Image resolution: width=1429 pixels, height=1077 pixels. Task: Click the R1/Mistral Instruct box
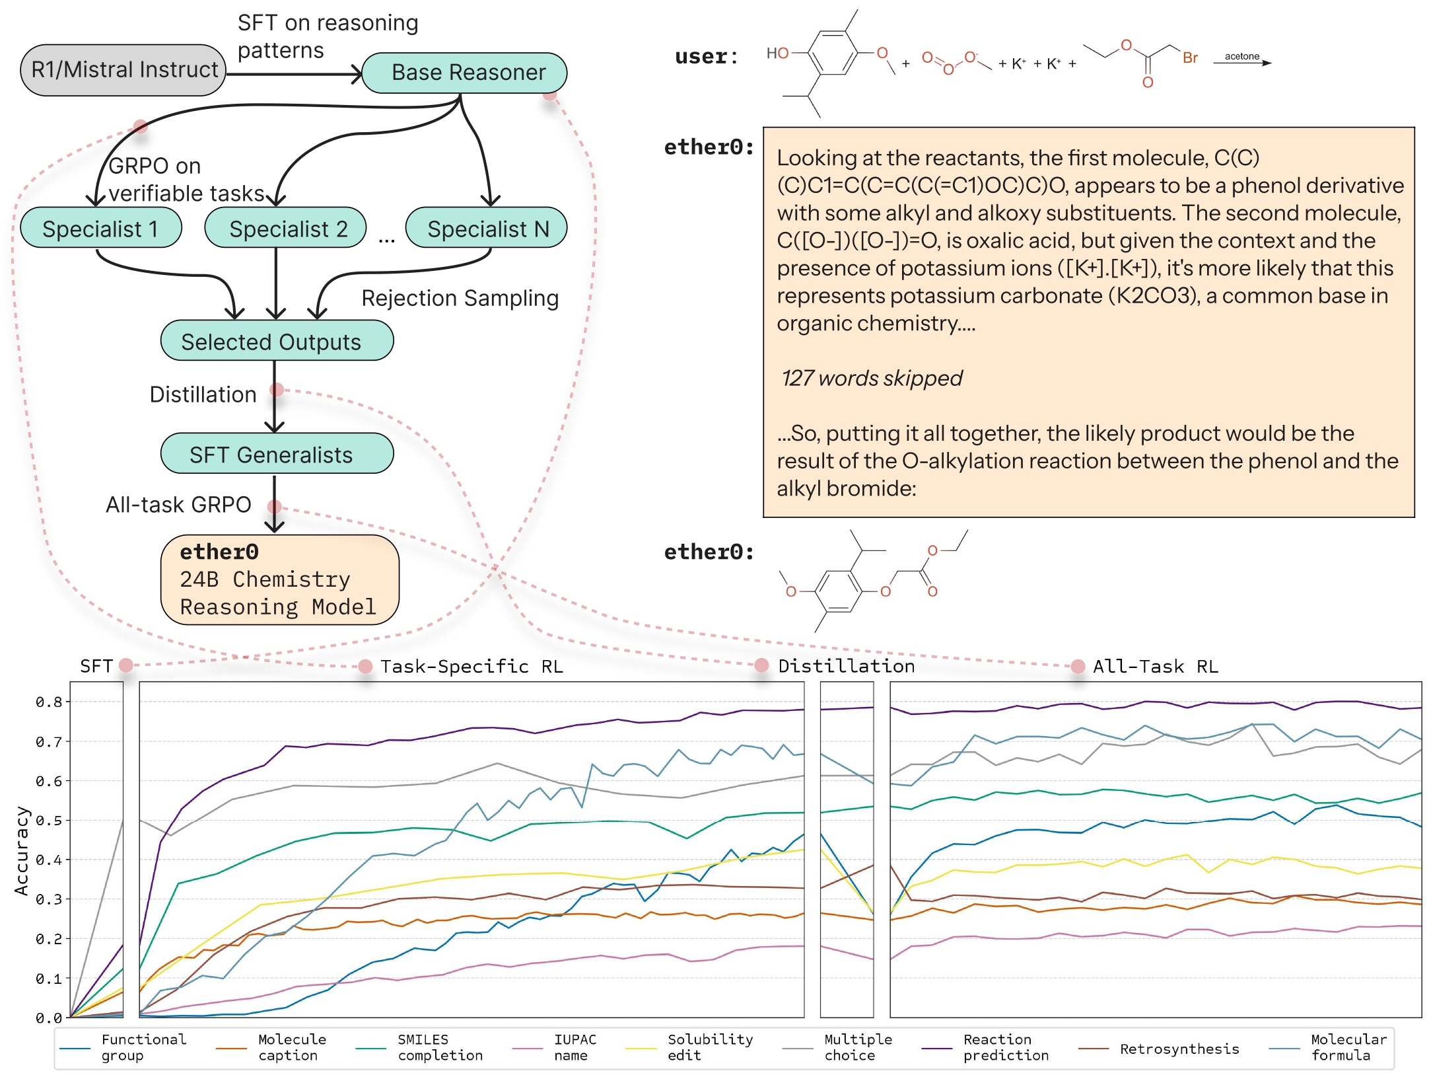123,70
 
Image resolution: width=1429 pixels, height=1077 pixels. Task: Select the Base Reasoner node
465,73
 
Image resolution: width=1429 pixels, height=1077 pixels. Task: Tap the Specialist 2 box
285,228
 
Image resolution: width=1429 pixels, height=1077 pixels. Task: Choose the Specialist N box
486,228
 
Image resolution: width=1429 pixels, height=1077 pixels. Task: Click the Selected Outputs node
277,341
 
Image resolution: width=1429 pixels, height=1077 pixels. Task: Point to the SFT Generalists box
277,454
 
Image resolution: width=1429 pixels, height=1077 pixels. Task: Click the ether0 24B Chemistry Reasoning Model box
279,579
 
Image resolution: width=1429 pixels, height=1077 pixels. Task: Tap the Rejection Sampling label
460,298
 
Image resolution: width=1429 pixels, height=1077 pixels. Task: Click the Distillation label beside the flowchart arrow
203,394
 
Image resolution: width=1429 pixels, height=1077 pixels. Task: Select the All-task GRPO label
178,505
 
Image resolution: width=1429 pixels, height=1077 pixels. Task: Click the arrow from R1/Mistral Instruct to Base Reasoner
295,73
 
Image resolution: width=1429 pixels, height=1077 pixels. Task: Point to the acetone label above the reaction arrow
1242,56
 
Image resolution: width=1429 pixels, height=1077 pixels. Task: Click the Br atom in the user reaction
1190,58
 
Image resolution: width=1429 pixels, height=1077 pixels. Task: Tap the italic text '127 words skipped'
872,378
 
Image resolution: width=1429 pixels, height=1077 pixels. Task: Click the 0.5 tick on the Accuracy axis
50,821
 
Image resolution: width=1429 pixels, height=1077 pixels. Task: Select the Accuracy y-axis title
22,851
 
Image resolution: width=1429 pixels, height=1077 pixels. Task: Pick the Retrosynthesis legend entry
1160,1049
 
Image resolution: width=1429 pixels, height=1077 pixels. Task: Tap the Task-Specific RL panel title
471,666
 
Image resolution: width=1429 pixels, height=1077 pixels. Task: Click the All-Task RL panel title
1156,666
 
